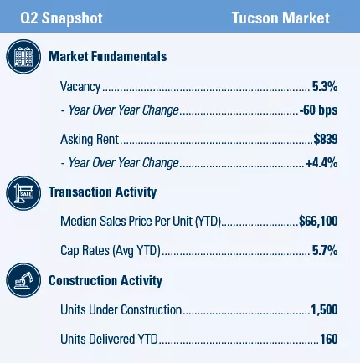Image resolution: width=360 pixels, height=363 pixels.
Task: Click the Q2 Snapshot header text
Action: [57, 18]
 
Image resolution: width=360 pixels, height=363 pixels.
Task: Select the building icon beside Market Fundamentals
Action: [23, 57]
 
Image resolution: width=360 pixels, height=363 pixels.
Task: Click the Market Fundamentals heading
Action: [107, 56]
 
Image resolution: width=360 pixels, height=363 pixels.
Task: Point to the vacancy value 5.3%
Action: [325, 86]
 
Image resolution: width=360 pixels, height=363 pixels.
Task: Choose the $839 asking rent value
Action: [326, 139]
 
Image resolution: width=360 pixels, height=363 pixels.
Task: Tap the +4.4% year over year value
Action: [322, 163]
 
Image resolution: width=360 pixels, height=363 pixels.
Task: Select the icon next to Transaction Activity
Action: [23, 193]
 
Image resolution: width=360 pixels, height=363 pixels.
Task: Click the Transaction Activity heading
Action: [102, 192]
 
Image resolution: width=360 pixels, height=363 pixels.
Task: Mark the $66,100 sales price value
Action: [319, 222]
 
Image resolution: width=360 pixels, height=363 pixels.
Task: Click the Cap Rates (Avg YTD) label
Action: [109, 250]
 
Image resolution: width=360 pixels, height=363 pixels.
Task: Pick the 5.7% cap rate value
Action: [325, 250]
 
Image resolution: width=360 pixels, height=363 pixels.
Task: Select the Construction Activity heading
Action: [105, 280]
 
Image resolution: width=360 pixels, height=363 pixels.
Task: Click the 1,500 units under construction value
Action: [324, 310]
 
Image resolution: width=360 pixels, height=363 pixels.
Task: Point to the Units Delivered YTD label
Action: [108, 340]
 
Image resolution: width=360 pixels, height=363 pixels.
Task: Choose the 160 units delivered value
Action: [328, 340]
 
